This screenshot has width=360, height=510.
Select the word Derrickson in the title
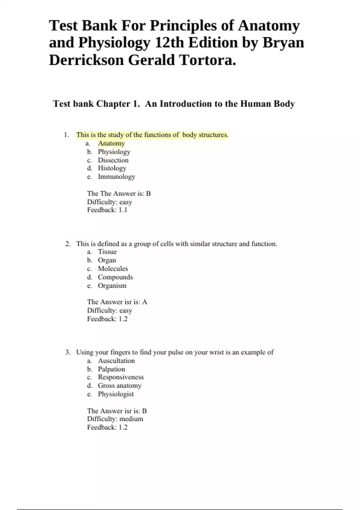point(86,60)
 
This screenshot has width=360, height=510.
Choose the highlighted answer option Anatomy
point(111,143)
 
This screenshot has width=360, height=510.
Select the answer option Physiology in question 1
point(114,152)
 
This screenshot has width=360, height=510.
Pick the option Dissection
point(113,160)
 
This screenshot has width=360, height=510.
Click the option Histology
point(112,168)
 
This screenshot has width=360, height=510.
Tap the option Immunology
point(116,177)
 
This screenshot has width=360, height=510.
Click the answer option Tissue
point(107,252)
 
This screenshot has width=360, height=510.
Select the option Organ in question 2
point(107,260)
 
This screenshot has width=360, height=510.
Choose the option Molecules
point(113,268)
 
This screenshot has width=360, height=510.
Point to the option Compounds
point(115,277)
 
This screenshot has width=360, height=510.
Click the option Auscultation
point(116,361)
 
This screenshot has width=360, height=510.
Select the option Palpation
point(111,369)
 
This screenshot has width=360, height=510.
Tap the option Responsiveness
point(121,377)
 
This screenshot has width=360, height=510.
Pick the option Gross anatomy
point(119,385)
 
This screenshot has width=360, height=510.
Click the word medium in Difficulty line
point(131,419)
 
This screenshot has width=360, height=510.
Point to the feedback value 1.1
point(123,210)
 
